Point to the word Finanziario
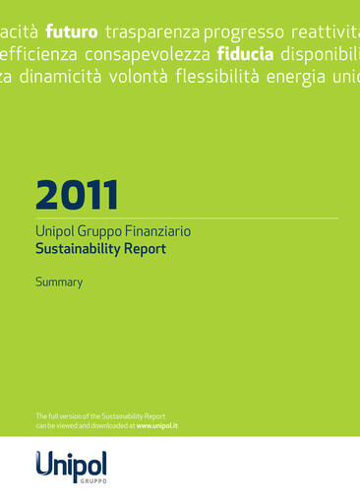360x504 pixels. tap(157, 232)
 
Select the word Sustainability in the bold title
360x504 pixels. tap(76, 250)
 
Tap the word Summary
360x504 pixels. tap(59, 283)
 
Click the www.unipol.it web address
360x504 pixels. tap(156, 426)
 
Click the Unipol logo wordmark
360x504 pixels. tap(71, 464)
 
